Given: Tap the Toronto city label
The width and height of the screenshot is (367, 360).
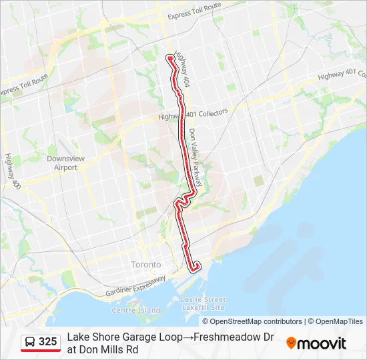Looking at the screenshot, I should (x=146, y=265).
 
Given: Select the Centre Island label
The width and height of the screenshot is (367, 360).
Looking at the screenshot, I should (x=136, y=311).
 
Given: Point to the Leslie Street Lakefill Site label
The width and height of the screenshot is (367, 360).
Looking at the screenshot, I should (x=204, y=303).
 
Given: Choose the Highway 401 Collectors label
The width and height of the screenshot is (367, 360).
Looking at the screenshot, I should (x=193, y=115).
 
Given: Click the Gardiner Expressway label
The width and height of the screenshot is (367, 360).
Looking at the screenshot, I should (x=135, y=287).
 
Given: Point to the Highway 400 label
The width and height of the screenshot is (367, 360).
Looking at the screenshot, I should (x=11, y=171).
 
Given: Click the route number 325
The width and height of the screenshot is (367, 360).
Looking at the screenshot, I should (x=48, y=342).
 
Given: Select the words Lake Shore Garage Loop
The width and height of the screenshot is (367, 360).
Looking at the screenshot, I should (x=124, y=337).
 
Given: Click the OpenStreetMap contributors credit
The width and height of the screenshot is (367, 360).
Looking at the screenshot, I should (x=256, y=321).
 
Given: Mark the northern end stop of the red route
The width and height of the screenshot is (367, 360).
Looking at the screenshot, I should (x=170, y=59).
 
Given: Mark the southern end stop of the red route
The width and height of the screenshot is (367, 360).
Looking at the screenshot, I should (x=195, y=269).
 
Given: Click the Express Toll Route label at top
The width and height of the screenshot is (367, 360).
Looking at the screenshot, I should (x=194, y=11).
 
